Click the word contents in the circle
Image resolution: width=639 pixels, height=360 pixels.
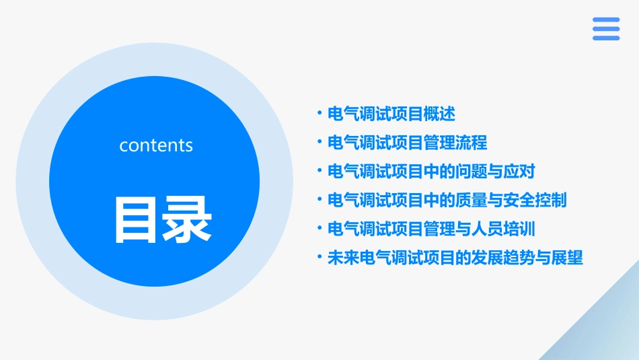coord(156,145)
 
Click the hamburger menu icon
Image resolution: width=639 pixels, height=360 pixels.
coord(606,29)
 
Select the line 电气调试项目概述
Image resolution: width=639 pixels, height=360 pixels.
coord(391,114)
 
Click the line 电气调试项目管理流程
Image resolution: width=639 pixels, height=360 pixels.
coord(407,143)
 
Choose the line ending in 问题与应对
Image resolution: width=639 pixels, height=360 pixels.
coord(431,172)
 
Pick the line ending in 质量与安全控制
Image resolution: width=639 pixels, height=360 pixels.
coord(447,200)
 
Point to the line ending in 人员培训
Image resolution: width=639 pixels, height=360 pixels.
coord(431,229)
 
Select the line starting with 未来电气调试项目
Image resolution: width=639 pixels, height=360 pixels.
coord(455,258)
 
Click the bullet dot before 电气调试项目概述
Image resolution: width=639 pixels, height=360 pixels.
coord(319,114)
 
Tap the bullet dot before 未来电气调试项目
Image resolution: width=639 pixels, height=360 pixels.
coord(319,257)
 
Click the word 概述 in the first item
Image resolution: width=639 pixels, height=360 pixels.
coord(440,114)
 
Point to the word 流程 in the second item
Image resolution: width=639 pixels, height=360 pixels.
coord(472,143)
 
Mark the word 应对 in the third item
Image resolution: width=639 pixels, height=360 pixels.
coord(519,172)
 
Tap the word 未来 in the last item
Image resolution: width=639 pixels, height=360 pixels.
coord(343,258)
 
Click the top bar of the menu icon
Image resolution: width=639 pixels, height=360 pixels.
coord(606,20)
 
